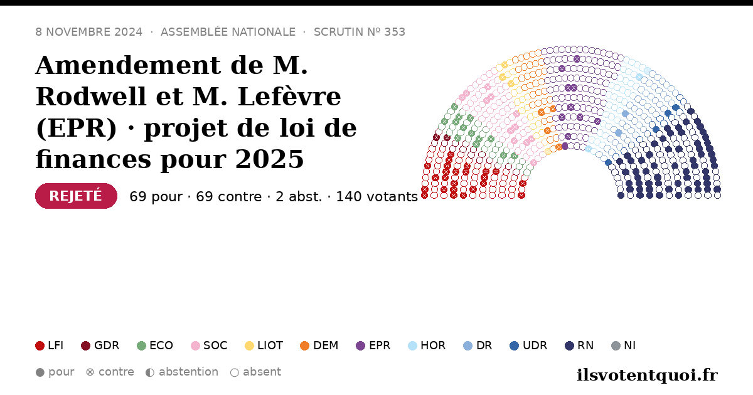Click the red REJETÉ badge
coord(76,196)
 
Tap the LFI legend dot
coord(40,345)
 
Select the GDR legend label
coord(107,345)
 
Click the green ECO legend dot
coord(142,345)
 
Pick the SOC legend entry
coord(209,345)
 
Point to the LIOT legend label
coord(270,345)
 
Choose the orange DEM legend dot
coord(304,345)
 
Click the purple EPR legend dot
coord(360,345)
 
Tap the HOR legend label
coord(433,345)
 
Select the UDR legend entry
coord(528,345)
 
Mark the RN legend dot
coord(569,345)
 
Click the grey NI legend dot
coord(616,345)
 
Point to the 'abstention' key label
coord(189,372)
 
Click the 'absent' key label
coord(262,372)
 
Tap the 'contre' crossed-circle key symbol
coord(90,372)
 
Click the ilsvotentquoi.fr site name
coord(647,375)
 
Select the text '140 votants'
coord(377,196)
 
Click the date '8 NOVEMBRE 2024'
coord(88,32)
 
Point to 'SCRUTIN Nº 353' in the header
coord(360,32)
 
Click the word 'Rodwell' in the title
coord(91,97)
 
